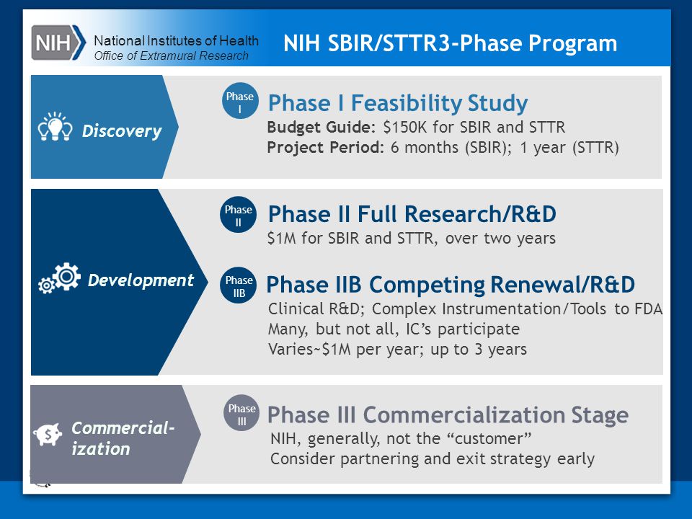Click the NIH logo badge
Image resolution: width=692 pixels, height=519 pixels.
click(58, 43)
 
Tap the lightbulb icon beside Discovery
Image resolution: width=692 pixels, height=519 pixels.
click(56, 127)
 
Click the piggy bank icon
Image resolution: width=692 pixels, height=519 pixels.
click(48, 435)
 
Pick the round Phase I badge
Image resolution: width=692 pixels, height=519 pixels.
click(240, 101)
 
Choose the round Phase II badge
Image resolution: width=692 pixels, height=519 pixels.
click(239, 215)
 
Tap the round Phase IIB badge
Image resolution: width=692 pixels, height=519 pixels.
click(239, 285)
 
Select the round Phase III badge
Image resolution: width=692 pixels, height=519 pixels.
click(241, 413)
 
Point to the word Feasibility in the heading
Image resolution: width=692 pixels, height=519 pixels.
click(406, 104)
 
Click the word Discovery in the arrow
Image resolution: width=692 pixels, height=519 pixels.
click(122, 131)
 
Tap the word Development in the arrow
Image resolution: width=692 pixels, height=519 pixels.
click(141, 280)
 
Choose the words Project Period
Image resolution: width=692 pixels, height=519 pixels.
click(325, 147)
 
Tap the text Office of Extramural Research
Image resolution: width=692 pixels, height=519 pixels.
click(172, 56)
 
